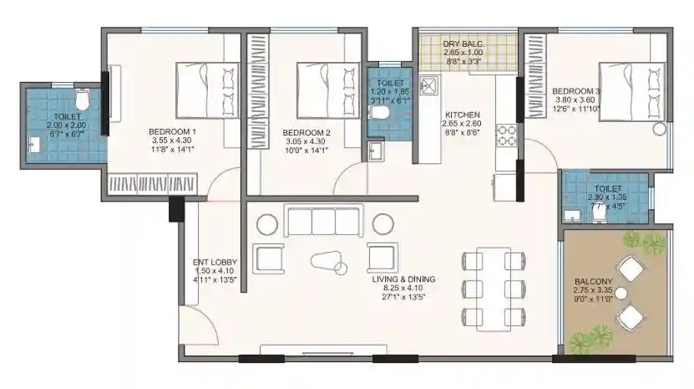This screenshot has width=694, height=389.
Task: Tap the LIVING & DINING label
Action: point(404,280)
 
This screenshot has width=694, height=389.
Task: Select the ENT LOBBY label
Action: point(215,262)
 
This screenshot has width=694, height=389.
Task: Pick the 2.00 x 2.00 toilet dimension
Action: point(68,125)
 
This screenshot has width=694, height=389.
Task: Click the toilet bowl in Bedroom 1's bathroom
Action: point(82,100)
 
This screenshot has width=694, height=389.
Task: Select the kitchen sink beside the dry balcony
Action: point(429,84)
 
